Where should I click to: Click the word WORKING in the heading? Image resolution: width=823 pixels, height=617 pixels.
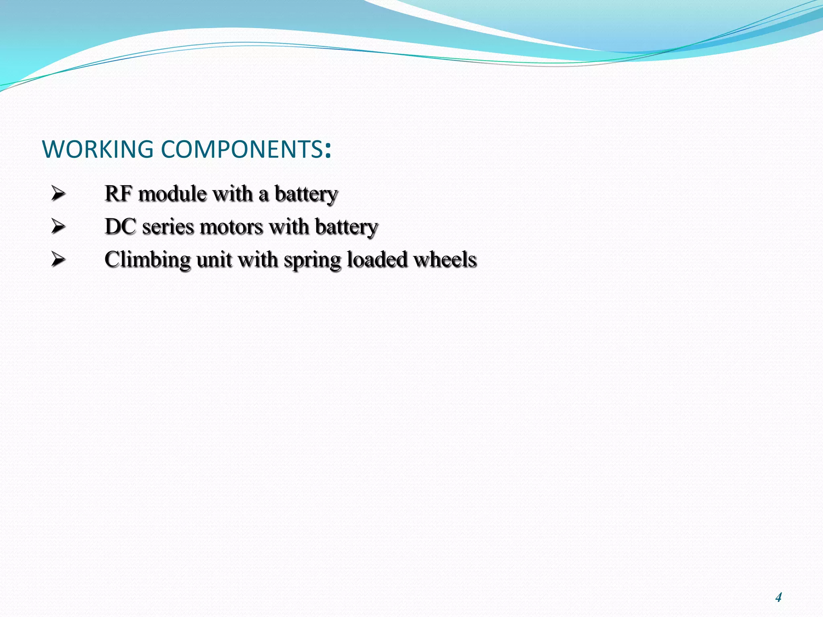click(98, 149)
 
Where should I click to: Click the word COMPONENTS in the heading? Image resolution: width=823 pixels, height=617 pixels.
click(241, 149)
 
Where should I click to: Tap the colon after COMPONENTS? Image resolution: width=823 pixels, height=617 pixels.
click(328, 151)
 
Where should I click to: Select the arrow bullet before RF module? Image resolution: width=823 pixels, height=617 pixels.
click(58, 194)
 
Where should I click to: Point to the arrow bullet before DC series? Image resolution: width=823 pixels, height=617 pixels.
click(58, 227)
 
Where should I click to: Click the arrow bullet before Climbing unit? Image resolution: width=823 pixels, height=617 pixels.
click(58, 259)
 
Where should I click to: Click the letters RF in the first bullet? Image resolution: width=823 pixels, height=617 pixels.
click(119, 194)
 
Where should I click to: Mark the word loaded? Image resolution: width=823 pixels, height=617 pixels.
click(377, 259)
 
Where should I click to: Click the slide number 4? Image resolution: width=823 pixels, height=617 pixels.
click(778, 597)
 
